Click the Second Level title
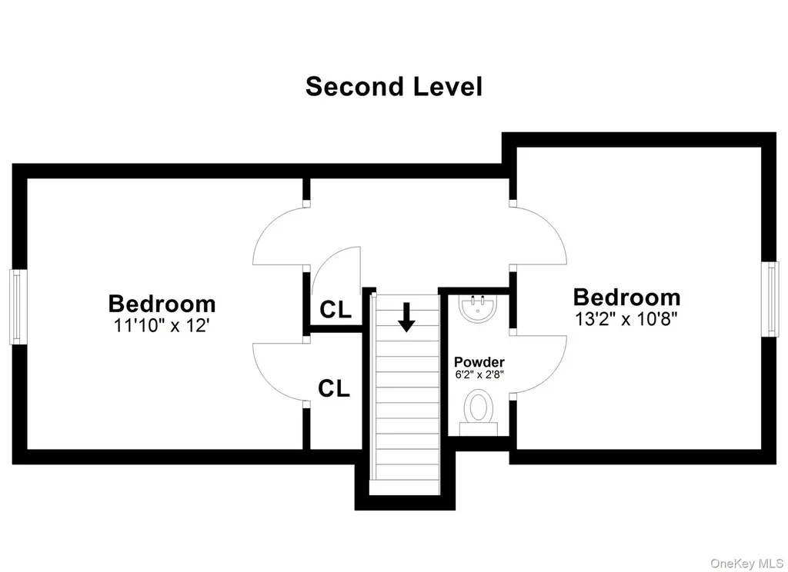[393, 86]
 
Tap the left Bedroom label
[162, 304]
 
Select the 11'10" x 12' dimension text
[162, 325]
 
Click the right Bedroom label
[626, 298]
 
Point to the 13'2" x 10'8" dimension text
[626, 318]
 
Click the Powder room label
[479, 361]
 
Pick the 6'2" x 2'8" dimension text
[479, 374]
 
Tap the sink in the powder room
[477, 308]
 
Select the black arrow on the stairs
[406, 317]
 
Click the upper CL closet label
[336, 310]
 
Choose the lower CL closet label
[334, 388]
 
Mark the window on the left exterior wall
[18, 307]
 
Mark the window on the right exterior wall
[770, 299]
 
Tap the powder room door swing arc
[552, 377]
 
